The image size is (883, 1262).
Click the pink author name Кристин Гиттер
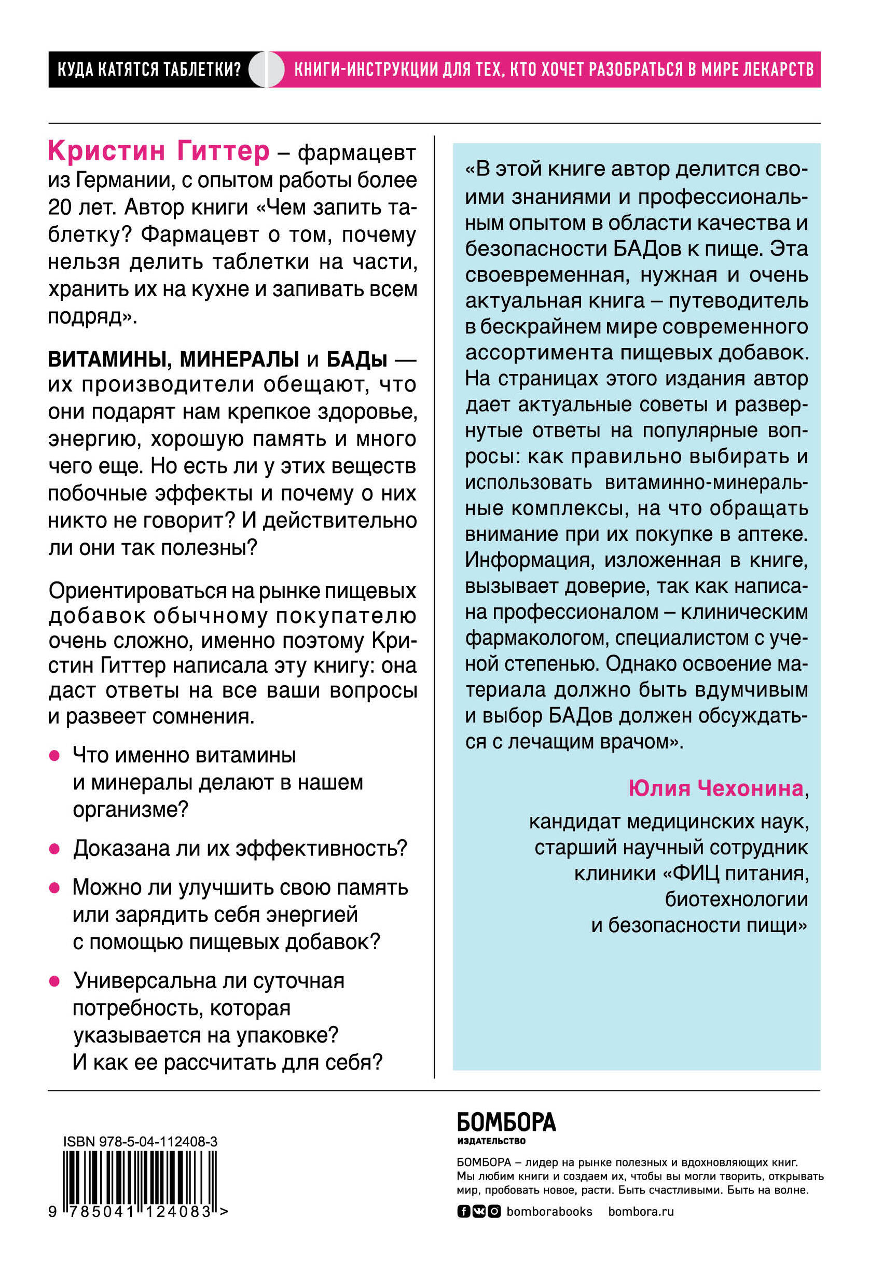pyautogui.click(x=158, y=151)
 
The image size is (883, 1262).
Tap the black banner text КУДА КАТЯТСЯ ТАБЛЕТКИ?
pyautogui.click(x=149, y=70)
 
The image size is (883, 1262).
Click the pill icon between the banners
pyautogui.click(x=267, y=70)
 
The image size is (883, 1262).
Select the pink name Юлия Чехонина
pyautogui.click(x=716, y=788)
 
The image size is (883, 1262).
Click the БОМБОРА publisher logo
pyautogui.click(x=506, y=1122)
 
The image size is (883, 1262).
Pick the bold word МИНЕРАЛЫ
pyautogui.click(x=239, y=359)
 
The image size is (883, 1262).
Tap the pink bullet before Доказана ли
pyautogui.click(x=54, y=849)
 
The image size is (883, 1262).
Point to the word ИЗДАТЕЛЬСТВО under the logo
pyautogui.click(x=491, y=1141)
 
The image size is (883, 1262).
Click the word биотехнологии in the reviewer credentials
pyautogui.click(x=736, y=899)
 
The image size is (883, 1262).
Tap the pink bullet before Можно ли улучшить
pyautogui.click(x=54, y=887)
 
